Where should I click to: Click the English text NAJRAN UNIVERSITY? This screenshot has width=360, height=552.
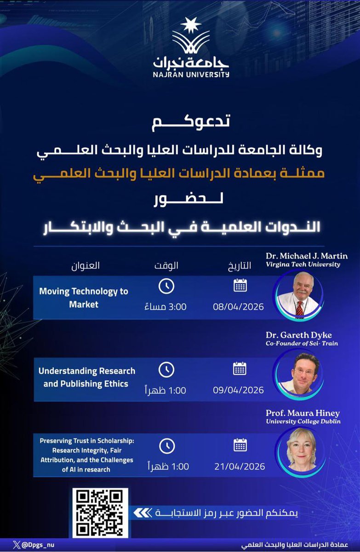[x=191, y=73]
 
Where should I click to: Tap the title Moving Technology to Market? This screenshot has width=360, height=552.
[x=84, y=297]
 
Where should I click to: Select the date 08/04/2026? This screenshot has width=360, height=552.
[x=238, y=306]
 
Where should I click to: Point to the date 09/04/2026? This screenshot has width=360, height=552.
[x=238, y=390]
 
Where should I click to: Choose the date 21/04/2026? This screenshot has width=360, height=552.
[x=239, y=466]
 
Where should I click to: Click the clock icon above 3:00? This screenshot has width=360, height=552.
[x=166, y=286]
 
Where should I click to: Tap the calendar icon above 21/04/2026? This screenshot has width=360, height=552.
[x=240, y=445]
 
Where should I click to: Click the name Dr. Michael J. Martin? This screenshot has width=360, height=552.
[x=307, y=256]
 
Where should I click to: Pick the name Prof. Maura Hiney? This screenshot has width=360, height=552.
[x=303, y=413]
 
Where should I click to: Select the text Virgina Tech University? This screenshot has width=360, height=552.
[x=302, y=264]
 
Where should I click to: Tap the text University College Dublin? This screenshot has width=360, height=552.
[x=303, y=421]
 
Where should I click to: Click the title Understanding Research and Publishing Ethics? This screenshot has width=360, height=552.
[x=86, y=377]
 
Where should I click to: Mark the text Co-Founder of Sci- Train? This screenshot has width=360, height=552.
[x=302, y=344]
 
